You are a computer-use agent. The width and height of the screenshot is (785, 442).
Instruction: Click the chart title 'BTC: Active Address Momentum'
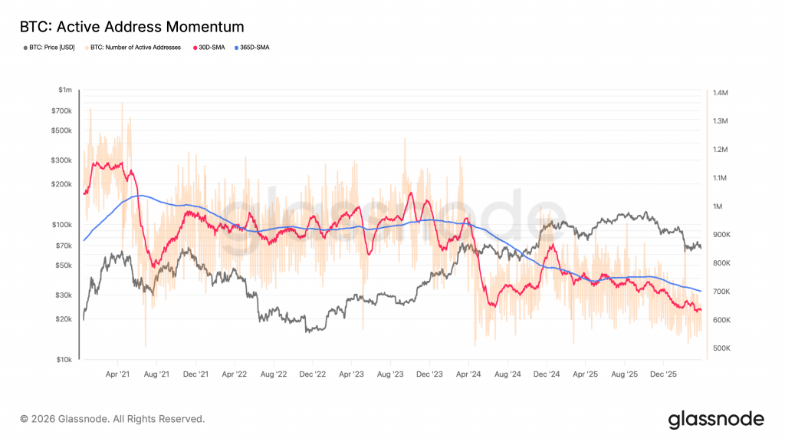tap(131, 27)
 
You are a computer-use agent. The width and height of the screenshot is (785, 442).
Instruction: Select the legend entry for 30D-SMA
tap(206, 48)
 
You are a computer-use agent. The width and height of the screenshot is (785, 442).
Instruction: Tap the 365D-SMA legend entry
tap(251, 48)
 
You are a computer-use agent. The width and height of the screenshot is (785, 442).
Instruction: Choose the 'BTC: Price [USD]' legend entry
tap(51, 48)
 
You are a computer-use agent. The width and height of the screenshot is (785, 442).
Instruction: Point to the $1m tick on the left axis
tap(65, 91)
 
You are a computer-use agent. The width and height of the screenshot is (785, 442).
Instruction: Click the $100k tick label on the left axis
tap(62, 225)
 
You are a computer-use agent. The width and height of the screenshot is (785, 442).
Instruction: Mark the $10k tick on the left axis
tap(64, 359)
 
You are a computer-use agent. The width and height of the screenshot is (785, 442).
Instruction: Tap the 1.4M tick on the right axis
tap(720, 93)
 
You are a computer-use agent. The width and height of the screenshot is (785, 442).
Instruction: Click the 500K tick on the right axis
tap(721, 348)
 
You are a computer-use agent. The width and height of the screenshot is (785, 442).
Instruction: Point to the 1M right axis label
tap(718, 206)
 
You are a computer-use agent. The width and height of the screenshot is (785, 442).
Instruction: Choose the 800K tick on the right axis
tap(721, 263)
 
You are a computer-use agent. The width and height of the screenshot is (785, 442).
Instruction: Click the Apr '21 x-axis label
tap(117, 374)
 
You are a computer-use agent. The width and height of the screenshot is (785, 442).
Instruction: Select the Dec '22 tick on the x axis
tap(313, 374)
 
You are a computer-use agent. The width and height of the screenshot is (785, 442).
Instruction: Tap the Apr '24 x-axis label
tap(468, 374)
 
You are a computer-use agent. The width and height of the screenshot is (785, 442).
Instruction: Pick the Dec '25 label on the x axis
tap(663, 374)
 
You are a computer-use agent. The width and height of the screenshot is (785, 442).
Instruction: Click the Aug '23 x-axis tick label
tap(390, 374)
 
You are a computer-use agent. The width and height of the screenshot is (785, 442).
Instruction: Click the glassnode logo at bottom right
tap(716, 419)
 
